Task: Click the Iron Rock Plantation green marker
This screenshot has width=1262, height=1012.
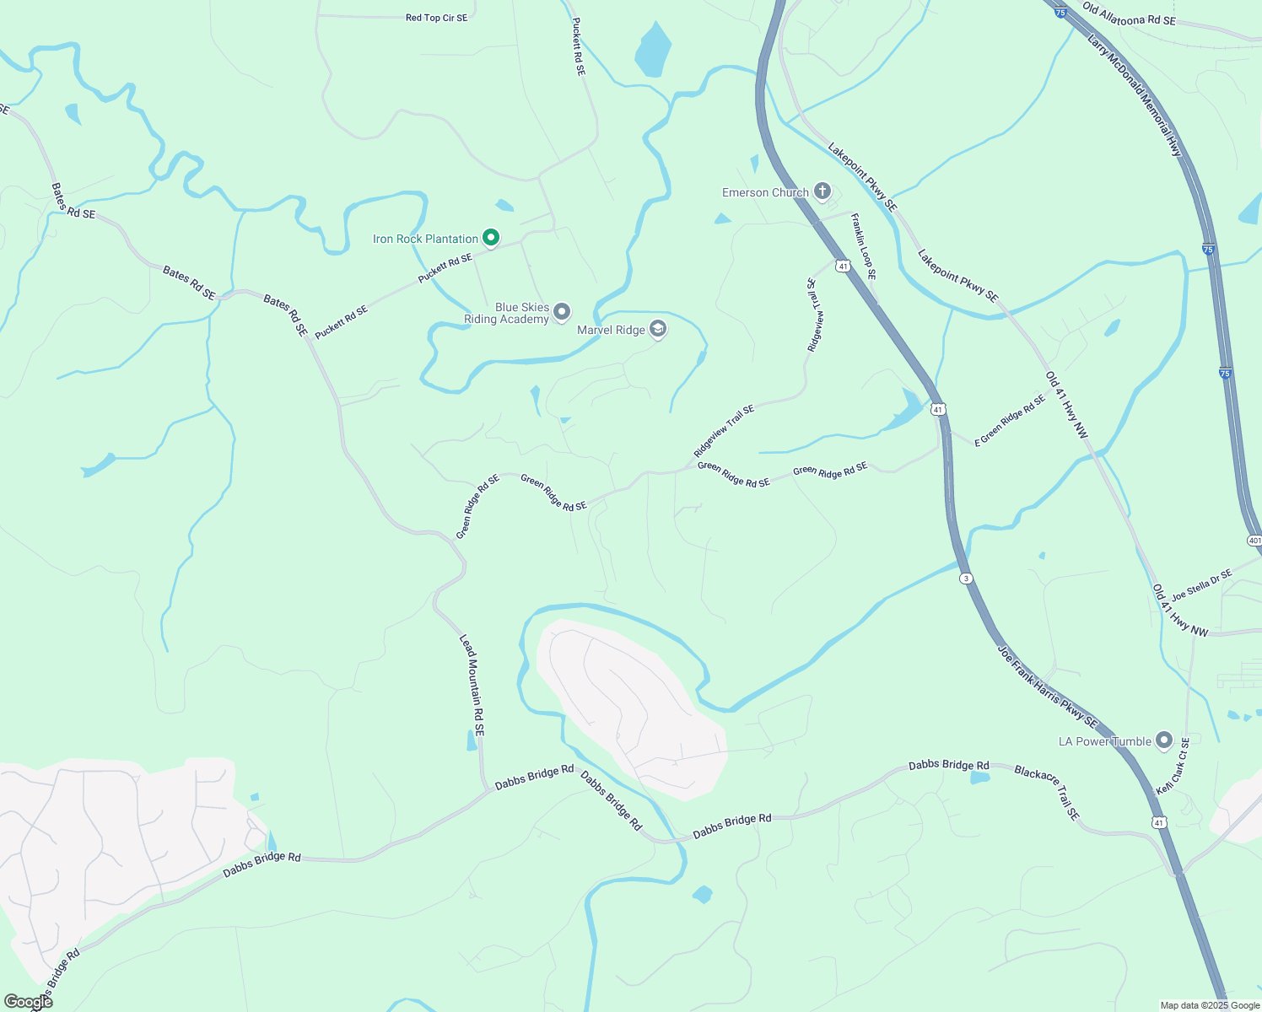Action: click(490, 238)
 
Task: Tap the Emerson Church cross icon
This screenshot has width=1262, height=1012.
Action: click(822, 192)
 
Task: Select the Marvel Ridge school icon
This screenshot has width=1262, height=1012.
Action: click(658, 330)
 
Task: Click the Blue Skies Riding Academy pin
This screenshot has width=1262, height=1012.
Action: click(562, 313)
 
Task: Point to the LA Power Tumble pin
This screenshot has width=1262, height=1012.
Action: click(1164, 741)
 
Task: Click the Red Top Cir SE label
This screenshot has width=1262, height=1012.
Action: click(436, 18)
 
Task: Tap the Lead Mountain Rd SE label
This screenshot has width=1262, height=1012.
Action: click(472, 686)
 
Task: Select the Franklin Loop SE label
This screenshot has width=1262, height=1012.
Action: click(863, 246)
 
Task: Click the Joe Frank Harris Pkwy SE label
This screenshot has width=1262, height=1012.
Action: click(1048, 687)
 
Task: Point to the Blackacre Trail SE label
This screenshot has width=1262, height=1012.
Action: click(1047, 793)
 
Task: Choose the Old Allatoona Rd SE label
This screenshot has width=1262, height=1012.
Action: click(1129, 14)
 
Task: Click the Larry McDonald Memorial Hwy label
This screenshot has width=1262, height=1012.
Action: click(1135, 94)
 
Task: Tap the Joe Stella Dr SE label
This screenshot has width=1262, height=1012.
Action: click(1202, 584)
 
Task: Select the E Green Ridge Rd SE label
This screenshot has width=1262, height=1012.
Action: click(1010, 421)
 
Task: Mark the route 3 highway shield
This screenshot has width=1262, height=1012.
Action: click(966, 578)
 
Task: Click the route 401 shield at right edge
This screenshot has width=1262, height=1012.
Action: click(1254, 541)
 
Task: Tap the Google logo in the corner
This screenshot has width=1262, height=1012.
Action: click(28, 1001)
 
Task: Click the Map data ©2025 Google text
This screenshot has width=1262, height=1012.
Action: click(1209, 1005)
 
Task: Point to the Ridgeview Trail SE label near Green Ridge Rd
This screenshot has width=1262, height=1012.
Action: click(724, 431)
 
